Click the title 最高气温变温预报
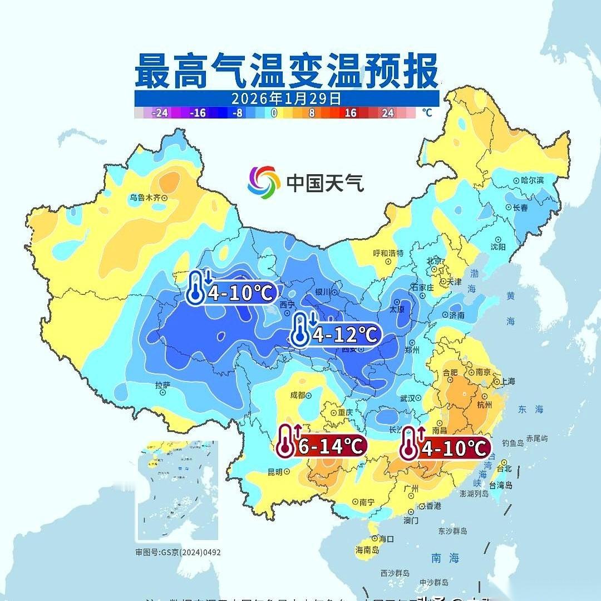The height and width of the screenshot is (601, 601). pos(287,71)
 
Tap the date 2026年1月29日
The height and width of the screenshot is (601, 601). pos(286,98)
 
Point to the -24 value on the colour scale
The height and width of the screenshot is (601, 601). pos(160,113)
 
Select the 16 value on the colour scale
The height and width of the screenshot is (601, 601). pos(350,113)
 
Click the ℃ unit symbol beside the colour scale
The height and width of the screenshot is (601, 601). pos(427,112)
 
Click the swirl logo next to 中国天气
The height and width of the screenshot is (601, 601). pos(264,181)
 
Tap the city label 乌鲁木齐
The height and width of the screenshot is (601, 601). pos(145,198)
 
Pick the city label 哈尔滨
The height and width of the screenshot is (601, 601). pos(531,180)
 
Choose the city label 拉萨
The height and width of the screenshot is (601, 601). pos(162,385)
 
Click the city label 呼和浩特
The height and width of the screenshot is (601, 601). pos(387,253)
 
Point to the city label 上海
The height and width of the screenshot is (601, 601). pos(508,382)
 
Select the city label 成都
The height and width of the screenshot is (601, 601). pos(298,396)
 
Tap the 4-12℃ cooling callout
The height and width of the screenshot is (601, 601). pos(336,334)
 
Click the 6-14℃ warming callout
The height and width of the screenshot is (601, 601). pos(322,446)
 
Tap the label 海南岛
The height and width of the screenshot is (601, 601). pos(367,550)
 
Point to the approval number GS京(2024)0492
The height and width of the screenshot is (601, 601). pos(178,553)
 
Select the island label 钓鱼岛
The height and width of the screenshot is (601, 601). pos(513,443)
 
